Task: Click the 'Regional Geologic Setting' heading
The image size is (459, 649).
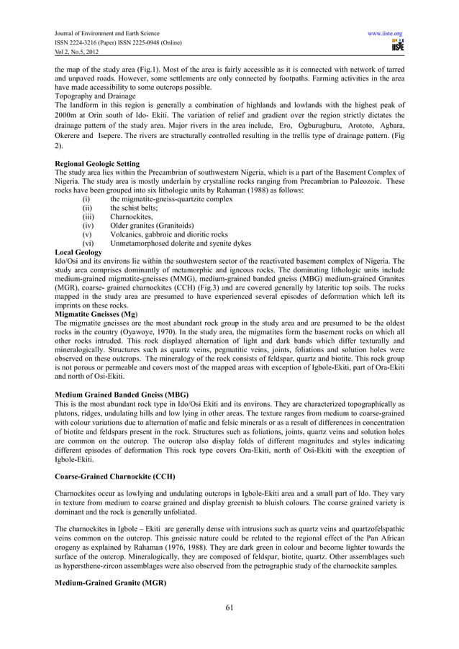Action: [x=97, y=164]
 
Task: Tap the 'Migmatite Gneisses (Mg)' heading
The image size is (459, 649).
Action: [x=96, y=314]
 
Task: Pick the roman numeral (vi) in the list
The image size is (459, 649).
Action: [x=88, y=244]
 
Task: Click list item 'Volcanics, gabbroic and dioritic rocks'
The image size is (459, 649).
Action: [x=169, y=234]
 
